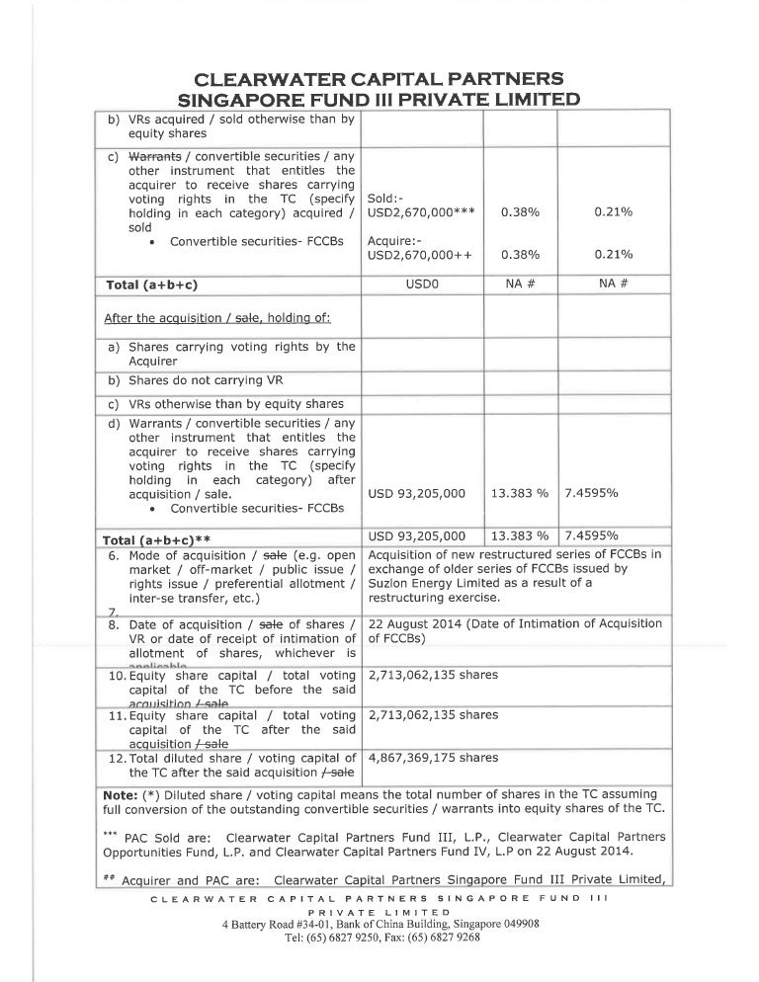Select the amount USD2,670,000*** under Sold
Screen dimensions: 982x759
pyautogui.click(x=419, y=212)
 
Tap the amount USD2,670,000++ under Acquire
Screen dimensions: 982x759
pyautogui.click(x=419, y=255)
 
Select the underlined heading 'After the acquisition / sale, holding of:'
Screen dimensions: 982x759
pyautogui.click(x=217, y=318)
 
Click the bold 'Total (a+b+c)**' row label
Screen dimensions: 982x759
pyautogui.click(x=159, y=539)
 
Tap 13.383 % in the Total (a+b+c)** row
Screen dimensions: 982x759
pyautogui.click(x=520, y=536)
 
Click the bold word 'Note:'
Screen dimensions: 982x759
pyautogui.click(x=124, y=794)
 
